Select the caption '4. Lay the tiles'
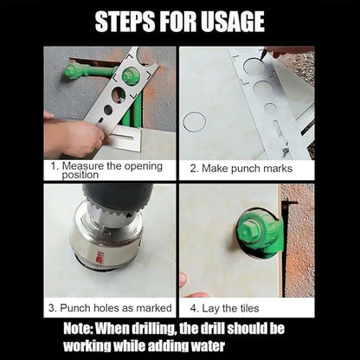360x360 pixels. [x=228, y=305]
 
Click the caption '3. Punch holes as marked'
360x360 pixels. [x=110, y=305]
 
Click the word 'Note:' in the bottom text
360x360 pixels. [x=87, y=329]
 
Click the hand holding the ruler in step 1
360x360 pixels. [x=74, y=138]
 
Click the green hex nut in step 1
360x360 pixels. [x=131, y=75]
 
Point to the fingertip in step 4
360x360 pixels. [x=183, y=280]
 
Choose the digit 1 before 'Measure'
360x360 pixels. [x=53, y=164]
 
